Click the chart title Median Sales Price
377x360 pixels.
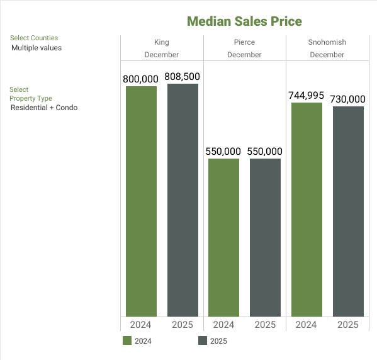click(244, 21)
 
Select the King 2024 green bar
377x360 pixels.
click(142, 201)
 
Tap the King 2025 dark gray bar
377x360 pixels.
click(183, 200)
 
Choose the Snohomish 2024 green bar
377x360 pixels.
click(307, 209)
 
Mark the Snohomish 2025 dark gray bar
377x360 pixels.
click(348, 211)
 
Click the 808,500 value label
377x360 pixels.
click(183, 77)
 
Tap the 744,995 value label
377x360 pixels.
click(307, 96)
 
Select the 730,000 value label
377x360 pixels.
click(348, 99)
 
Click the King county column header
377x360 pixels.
click(162, 42)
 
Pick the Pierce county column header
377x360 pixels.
click(244, 42)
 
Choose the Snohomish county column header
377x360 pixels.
click(327, 42)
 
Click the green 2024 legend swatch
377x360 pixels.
click(127, 341)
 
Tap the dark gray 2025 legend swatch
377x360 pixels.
click(203, 341)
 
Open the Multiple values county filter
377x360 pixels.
click(37, 48)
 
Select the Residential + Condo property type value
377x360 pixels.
click(44, 108)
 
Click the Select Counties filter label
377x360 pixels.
click(34, 38)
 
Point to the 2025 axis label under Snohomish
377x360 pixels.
click(348, 325)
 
